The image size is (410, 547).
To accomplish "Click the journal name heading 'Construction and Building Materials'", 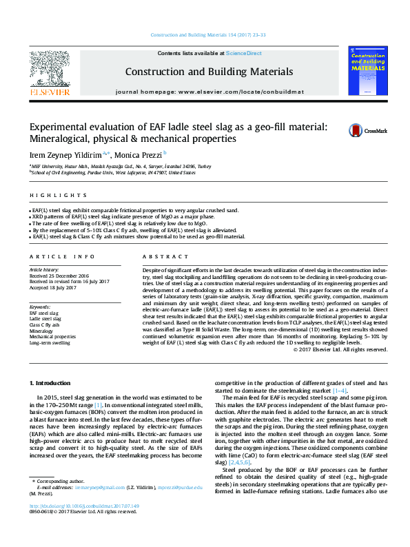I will click(209, 72).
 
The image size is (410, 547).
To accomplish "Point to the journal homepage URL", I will click(209, 92).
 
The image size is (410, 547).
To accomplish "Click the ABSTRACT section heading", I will click(156, 256).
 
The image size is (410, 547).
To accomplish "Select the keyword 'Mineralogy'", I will click(42, 331).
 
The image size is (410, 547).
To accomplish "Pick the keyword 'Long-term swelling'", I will click(50, 342).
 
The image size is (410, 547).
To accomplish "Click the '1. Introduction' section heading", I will click(52, 382).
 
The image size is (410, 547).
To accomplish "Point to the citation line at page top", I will click(205, 35).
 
